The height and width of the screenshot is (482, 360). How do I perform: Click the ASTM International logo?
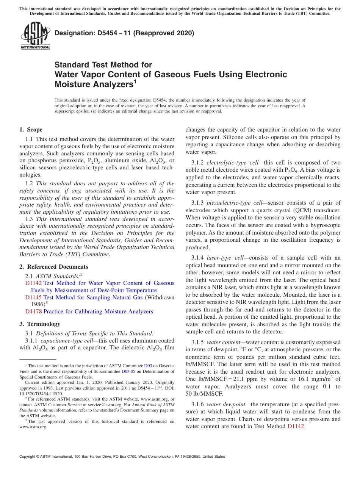point(35,36)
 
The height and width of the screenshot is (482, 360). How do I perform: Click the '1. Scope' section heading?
point(31,130)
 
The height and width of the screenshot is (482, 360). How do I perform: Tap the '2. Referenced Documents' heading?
point(53,267)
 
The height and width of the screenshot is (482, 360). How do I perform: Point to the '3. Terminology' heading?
point(40,324)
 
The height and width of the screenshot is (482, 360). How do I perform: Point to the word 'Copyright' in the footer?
point(28,457)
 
